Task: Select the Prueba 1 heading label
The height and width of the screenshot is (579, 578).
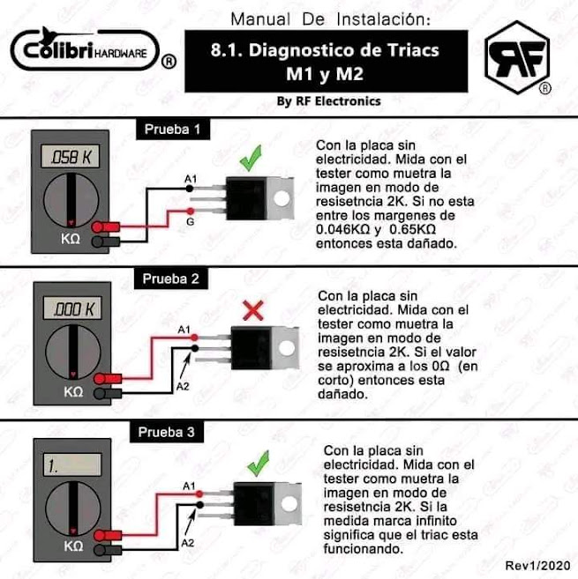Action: (174, 130)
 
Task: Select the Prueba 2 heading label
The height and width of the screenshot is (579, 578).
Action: (174, 279)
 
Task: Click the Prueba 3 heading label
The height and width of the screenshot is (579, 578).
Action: (170, 433)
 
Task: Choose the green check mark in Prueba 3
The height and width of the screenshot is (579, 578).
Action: (258, 461)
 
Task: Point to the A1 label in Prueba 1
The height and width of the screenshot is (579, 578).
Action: (190, 180)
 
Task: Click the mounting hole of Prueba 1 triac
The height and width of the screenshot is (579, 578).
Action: (282, 201)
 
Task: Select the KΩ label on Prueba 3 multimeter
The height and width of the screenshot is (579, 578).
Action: (73, 546)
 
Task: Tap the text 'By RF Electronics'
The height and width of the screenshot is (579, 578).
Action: (328, 101)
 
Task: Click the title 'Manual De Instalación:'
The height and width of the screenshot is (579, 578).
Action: (331, 19)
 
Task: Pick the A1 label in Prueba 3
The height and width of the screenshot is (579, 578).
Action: (189, 486)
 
